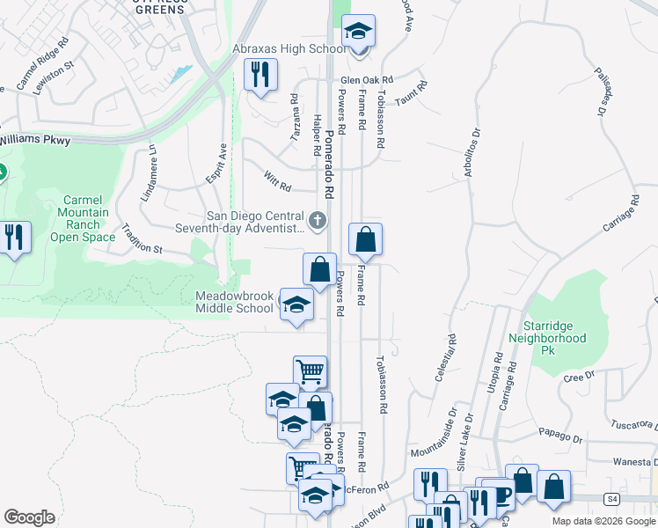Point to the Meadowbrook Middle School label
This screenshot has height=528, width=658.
(x=234, y=303)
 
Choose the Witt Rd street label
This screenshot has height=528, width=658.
(x=277, y=181)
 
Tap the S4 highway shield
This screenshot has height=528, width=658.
(x=610, y=499)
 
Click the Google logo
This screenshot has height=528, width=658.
(x=29, y=517)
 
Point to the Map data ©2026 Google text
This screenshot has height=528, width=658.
(x=603, y=521)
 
